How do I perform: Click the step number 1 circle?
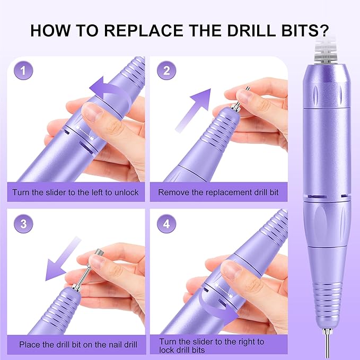[x=22, y=71]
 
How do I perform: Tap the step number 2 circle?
[x=166, y=71]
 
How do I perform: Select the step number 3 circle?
[x=22, y=223]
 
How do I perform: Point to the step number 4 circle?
[x=166, y=223]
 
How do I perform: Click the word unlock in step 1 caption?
[x=126, y=192]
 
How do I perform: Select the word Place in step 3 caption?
[x=30, y=345]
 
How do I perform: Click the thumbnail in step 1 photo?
[x=92, y=112]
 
